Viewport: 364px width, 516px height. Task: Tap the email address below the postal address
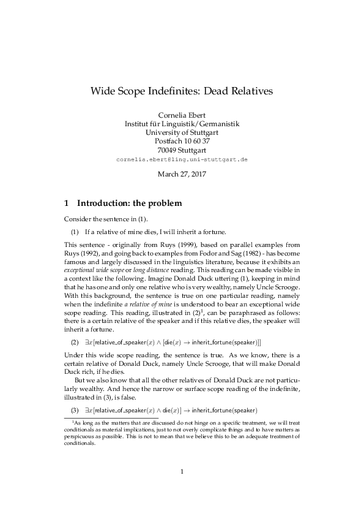pyautogui.click(x=182, y=158)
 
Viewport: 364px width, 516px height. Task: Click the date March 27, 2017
pyautogui.click(x=182, y=174)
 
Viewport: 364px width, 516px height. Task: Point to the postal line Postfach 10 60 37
pyautogui.click(x=182, y=140)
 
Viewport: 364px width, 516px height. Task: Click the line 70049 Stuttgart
pyautogui.click(x=182, y=149)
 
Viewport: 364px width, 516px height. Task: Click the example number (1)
pyautogui.click(x=75, y=231)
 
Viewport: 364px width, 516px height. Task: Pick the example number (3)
pyautogui.click(x=75, y=409)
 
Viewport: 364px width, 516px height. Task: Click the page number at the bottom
pyautogui.click(x=182, y=488)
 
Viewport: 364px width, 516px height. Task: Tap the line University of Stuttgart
pyautogui.click(x=182, y=132)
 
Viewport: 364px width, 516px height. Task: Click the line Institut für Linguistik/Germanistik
pyautogui.click(x=182, y=123)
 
